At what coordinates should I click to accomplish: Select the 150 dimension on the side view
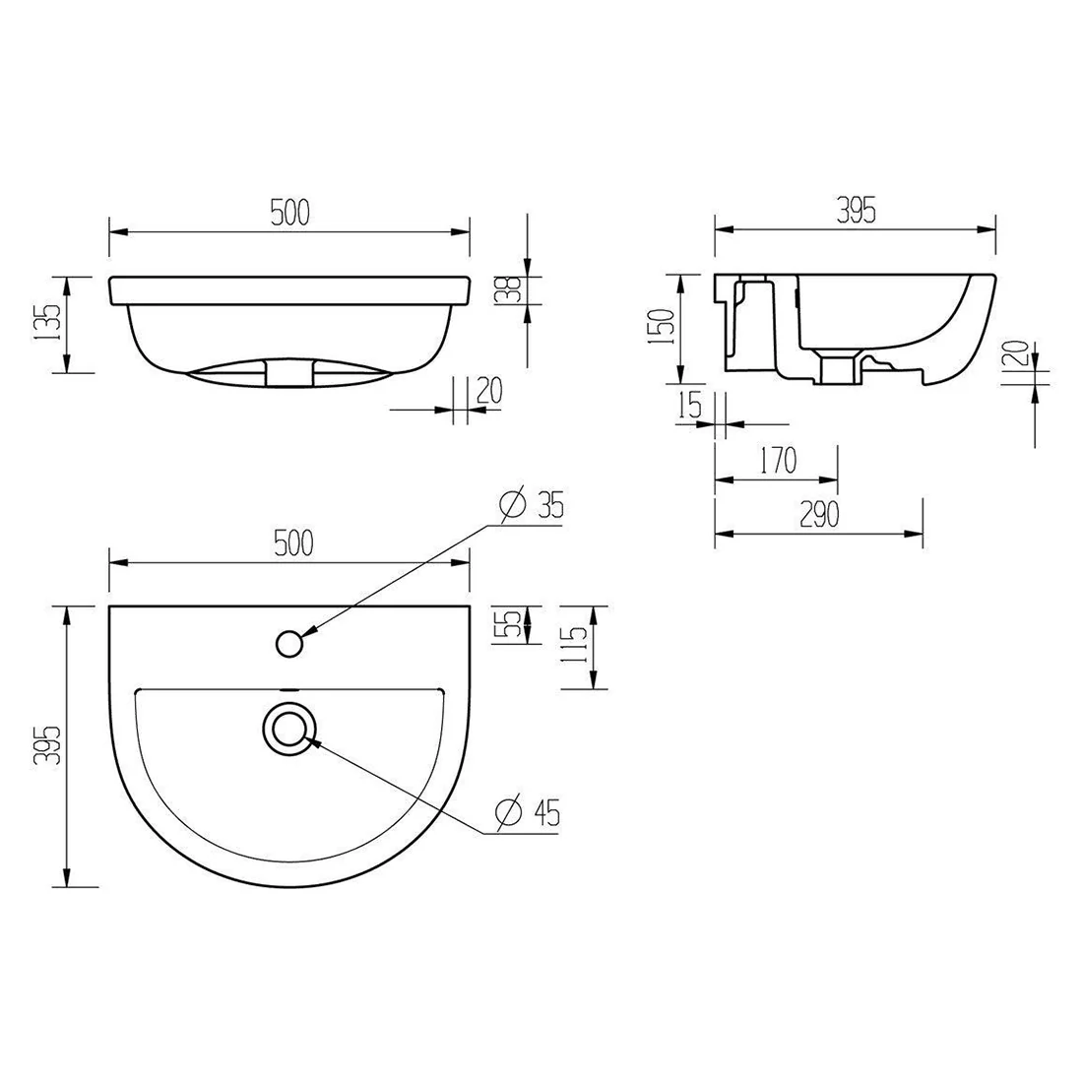click(663, 328)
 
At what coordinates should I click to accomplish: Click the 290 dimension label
click(819, 514)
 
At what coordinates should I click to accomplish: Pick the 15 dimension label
click(691, 404)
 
